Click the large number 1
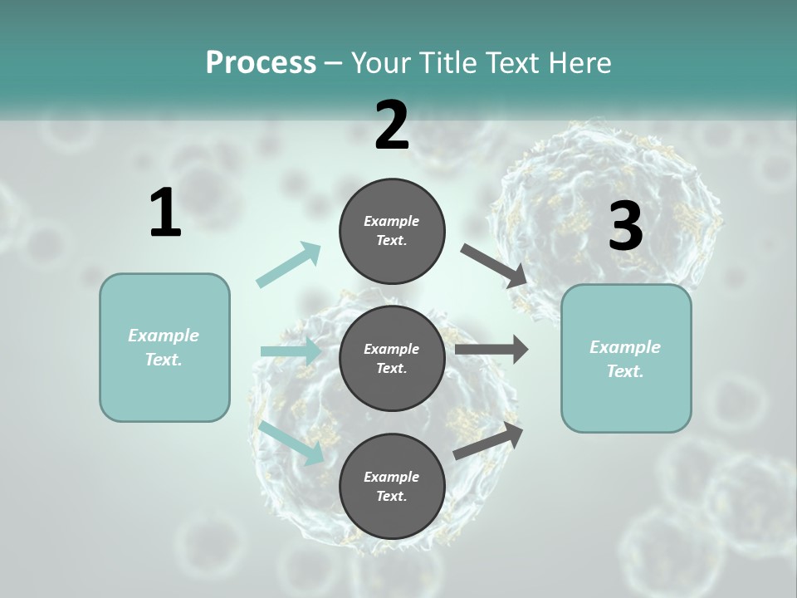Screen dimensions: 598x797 (x=165, y=214)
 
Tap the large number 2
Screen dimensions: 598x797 (x=392, y=126)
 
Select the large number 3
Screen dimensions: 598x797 (x=625, y=227)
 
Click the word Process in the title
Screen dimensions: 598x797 (x=261, y=62)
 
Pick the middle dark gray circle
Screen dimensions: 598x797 (x=392, y=358)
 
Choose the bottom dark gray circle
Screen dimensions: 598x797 (x=392, y=486)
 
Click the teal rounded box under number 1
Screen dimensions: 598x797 (x=164, y=347)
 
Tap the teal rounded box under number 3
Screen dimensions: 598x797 (x=626, y=359)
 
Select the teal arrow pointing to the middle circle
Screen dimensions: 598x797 (x=291, y=351)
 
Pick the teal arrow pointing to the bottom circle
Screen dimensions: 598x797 (x=291, y=443)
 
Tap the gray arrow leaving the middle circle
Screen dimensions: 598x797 (x=491, y=350)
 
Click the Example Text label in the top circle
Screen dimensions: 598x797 (x=392, y=230)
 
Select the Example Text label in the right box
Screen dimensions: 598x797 (x=625, y=359)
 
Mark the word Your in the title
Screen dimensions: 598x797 (x=383, y=62)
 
